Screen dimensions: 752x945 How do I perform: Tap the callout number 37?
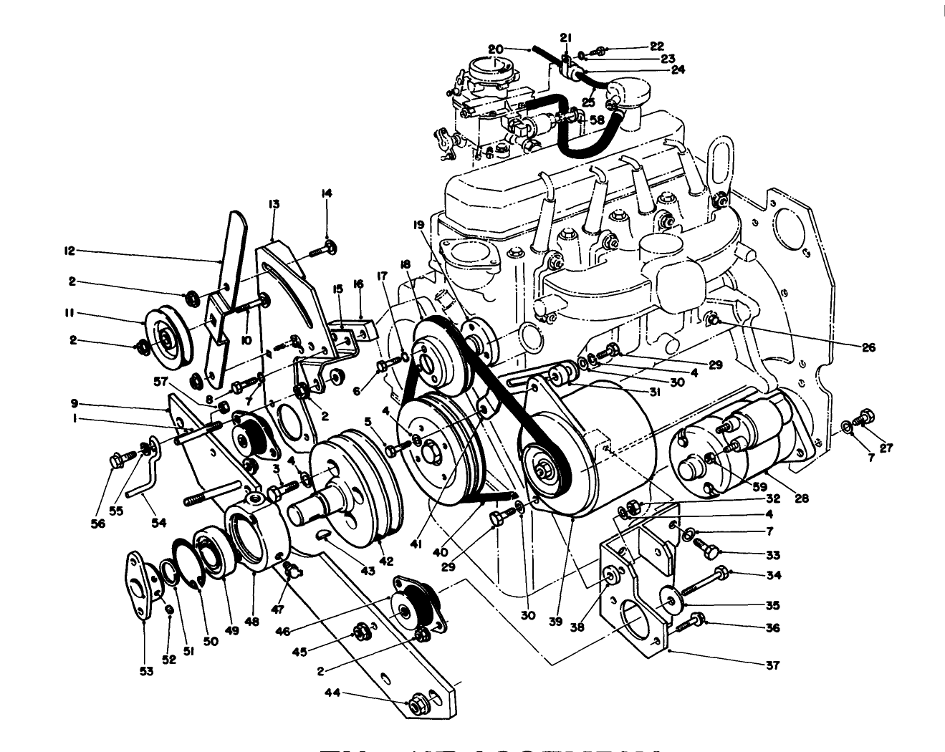click(x=772, y=665)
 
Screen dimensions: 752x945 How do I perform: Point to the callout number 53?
click(x=146, y=671)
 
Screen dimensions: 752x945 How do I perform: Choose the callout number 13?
click(x=274, y=204)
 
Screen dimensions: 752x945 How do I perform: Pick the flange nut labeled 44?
click(x=417, y=704)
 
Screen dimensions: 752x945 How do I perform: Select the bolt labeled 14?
click(x=321, y=251)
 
